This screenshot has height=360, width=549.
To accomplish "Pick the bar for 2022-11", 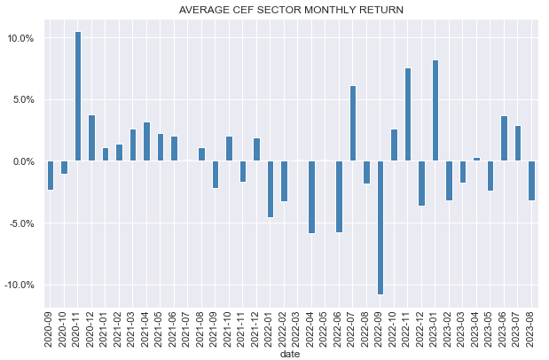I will click(x=408, y=114).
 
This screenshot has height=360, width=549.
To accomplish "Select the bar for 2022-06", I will click(x=339, y=196).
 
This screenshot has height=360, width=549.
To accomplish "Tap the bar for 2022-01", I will click(x=271, y=189).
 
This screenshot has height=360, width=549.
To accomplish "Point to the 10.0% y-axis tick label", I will click(x=20, y=38).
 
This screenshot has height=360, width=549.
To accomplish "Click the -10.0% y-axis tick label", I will click(x=18, y=285).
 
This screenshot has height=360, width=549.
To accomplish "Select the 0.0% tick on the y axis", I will click(x=22, y=161).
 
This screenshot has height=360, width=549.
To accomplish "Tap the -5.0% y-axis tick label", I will click(x=20, y=223).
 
